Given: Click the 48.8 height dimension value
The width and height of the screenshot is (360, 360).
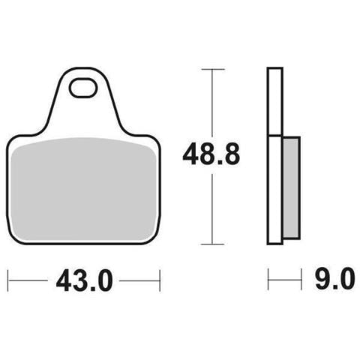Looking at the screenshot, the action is click(x=211, y=154).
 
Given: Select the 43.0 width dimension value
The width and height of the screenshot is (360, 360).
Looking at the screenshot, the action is click(x=85, y=280).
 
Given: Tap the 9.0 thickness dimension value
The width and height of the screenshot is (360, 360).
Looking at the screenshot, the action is click(x=334, y=278).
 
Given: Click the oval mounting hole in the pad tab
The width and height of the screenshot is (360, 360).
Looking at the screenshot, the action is click(x=83, y=88).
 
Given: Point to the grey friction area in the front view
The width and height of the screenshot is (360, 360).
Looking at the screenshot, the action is click(x=84, y=189).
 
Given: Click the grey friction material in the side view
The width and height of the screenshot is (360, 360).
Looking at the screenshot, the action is click(x=292, y=187).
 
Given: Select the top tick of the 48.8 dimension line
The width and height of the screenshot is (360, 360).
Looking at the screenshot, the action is click(x=213, y=69).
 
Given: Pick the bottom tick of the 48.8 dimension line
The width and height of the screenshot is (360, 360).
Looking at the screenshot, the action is click(x=212, y=244).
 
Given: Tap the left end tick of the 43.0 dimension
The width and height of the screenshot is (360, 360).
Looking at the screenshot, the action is click(x=8, y=280).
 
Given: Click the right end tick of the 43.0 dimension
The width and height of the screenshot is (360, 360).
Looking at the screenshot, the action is click(x=160, y=280).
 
